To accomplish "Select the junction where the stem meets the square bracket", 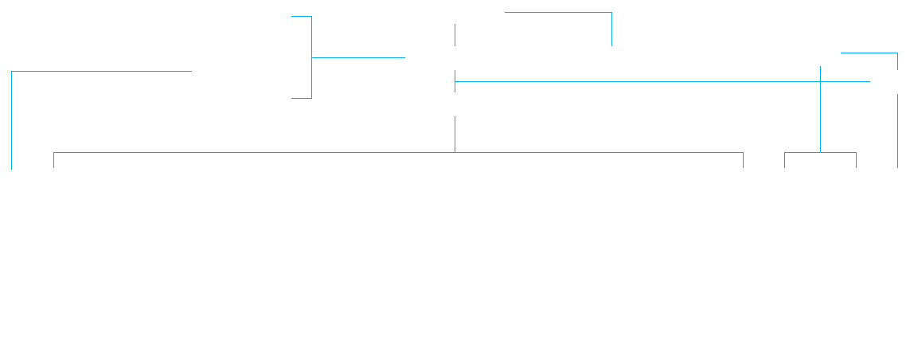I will (x=311, y=57).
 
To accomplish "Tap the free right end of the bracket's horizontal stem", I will (x=404, y=57).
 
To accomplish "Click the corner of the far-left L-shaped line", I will (x=12, y=72).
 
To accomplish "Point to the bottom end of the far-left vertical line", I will (x=12, y=168).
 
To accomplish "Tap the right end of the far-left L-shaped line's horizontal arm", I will (x=191, y=72).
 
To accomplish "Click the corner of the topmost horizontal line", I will (x=611, y=13).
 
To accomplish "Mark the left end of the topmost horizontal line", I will (x=506, y=13).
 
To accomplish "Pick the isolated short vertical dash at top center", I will (x=455, y=34).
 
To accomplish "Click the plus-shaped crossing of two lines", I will (x=820, y=81).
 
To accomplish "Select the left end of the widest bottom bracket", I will (x=53, y=167).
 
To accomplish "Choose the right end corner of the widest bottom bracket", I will (x=743, y=153).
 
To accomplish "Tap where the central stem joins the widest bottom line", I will (x=455, y=152).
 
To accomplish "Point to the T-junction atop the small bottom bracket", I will (x=820, y=152).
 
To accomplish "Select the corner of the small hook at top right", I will (x=897, y=53).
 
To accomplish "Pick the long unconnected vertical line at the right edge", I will (x=897, y=131).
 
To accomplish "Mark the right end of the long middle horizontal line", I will (x=869, y=81).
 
